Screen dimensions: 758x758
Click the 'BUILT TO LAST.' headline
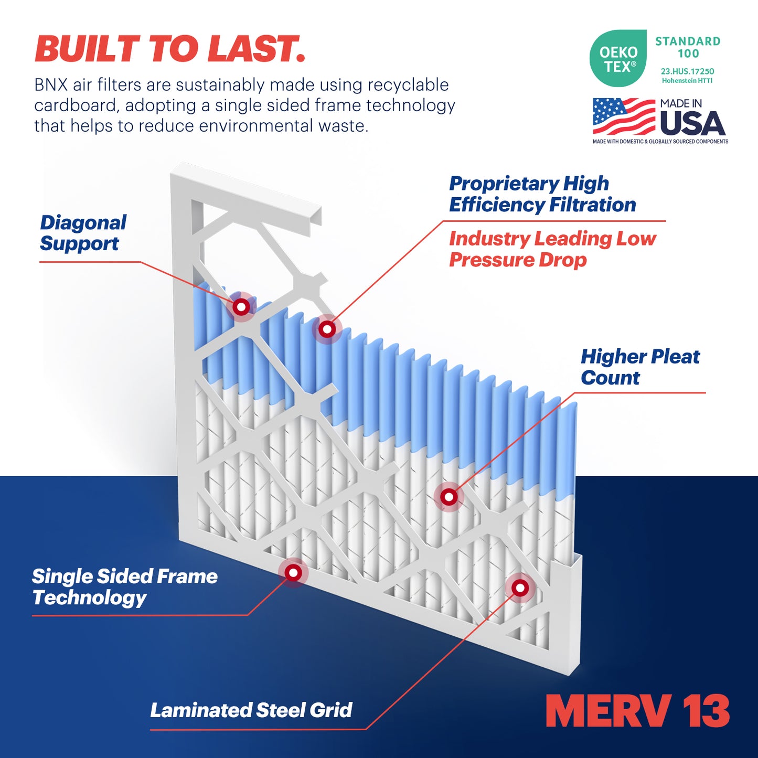169,49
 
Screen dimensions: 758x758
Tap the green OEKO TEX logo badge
618,59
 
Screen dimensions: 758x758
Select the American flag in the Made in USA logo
624,116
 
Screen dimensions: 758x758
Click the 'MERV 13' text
637,711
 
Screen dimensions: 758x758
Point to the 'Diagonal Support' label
83,233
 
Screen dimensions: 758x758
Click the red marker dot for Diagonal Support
241,307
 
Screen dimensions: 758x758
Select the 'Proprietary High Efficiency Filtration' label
542,194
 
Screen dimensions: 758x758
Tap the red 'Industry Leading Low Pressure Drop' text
552,249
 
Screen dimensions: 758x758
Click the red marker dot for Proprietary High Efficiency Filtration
327,329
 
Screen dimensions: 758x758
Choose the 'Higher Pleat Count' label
639,367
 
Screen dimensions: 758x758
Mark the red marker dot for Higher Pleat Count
449,497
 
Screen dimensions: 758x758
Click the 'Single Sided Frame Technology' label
124,586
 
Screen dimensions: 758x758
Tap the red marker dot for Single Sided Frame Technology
293,573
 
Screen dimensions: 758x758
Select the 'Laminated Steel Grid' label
251,710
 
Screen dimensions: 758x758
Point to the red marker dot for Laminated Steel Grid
520,588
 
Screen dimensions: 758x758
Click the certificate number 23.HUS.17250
687,71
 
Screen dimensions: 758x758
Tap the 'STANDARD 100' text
688,47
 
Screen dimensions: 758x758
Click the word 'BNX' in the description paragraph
50,85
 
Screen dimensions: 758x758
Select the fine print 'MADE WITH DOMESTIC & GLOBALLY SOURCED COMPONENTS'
660,142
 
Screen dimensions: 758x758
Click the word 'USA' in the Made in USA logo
692,123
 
